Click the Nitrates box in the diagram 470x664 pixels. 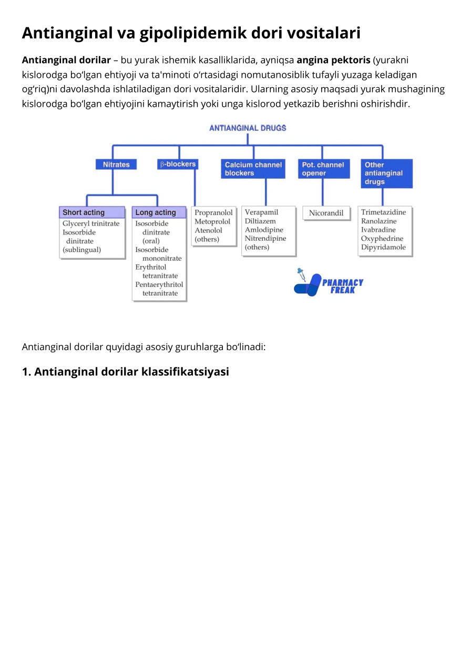[116, 164]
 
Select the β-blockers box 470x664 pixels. [178, 164]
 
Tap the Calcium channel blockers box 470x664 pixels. [253, 169]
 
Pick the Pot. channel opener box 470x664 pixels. [324, 169]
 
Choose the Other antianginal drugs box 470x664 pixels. [387, 173]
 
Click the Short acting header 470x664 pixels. [92, 212]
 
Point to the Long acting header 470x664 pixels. [159, 212]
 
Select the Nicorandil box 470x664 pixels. [326, 213]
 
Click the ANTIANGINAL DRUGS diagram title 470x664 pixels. [248, 128]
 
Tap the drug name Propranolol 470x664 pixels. [213, 212]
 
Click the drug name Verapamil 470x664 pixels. [261, 212]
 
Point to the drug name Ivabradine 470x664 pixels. [378, 230]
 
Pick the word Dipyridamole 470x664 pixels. [383, 247]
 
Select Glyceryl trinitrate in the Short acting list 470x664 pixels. [91, 223]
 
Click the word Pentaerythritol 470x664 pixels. [159, 284]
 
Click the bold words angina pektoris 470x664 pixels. [333, 60]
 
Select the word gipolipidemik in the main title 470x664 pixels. [193, 33]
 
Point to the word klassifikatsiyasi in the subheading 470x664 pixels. [185, 372]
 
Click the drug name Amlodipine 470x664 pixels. [264, 230]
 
